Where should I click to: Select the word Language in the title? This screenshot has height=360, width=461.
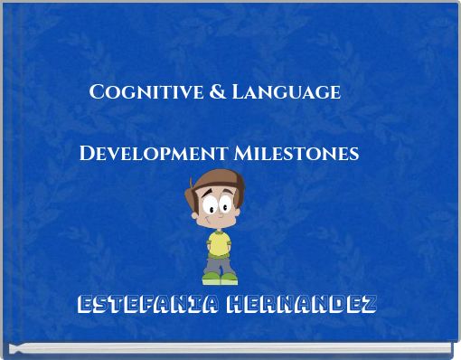(x=287, y=93)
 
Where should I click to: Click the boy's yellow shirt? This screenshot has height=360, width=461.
(x=220, y=242)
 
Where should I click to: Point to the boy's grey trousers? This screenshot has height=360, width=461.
(x=220, y=263)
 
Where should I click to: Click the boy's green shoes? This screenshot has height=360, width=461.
(x=220, y=279)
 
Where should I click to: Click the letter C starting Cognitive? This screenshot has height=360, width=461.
(x=96, y=92)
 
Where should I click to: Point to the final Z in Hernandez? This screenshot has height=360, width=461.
(x=368, y=304)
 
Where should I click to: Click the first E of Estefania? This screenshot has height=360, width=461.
(x=84, y=304)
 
